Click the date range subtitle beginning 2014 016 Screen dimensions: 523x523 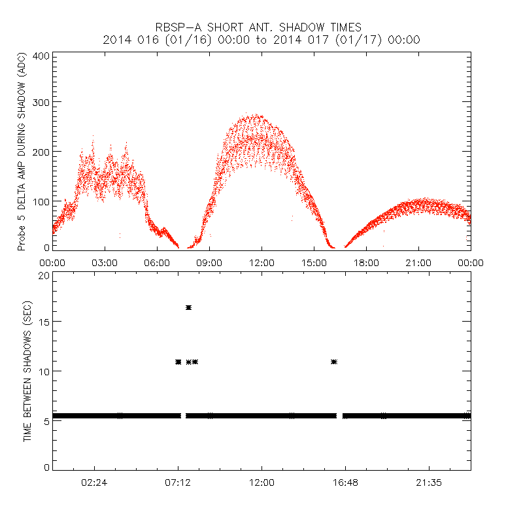(x=261, y=40)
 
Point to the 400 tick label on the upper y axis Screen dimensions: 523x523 (x=41, y=56)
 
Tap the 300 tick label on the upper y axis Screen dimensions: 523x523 (x=41, y=103)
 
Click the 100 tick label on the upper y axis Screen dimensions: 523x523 (x=41, y=201)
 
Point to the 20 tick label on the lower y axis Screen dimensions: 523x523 (x=44, y=275)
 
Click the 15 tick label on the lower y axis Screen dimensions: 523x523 (x=44, y=322)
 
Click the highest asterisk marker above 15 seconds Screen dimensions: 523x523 (x=188, y=307)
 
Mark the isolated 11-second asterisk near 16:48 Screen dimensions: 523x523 (x=334, y=362)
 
